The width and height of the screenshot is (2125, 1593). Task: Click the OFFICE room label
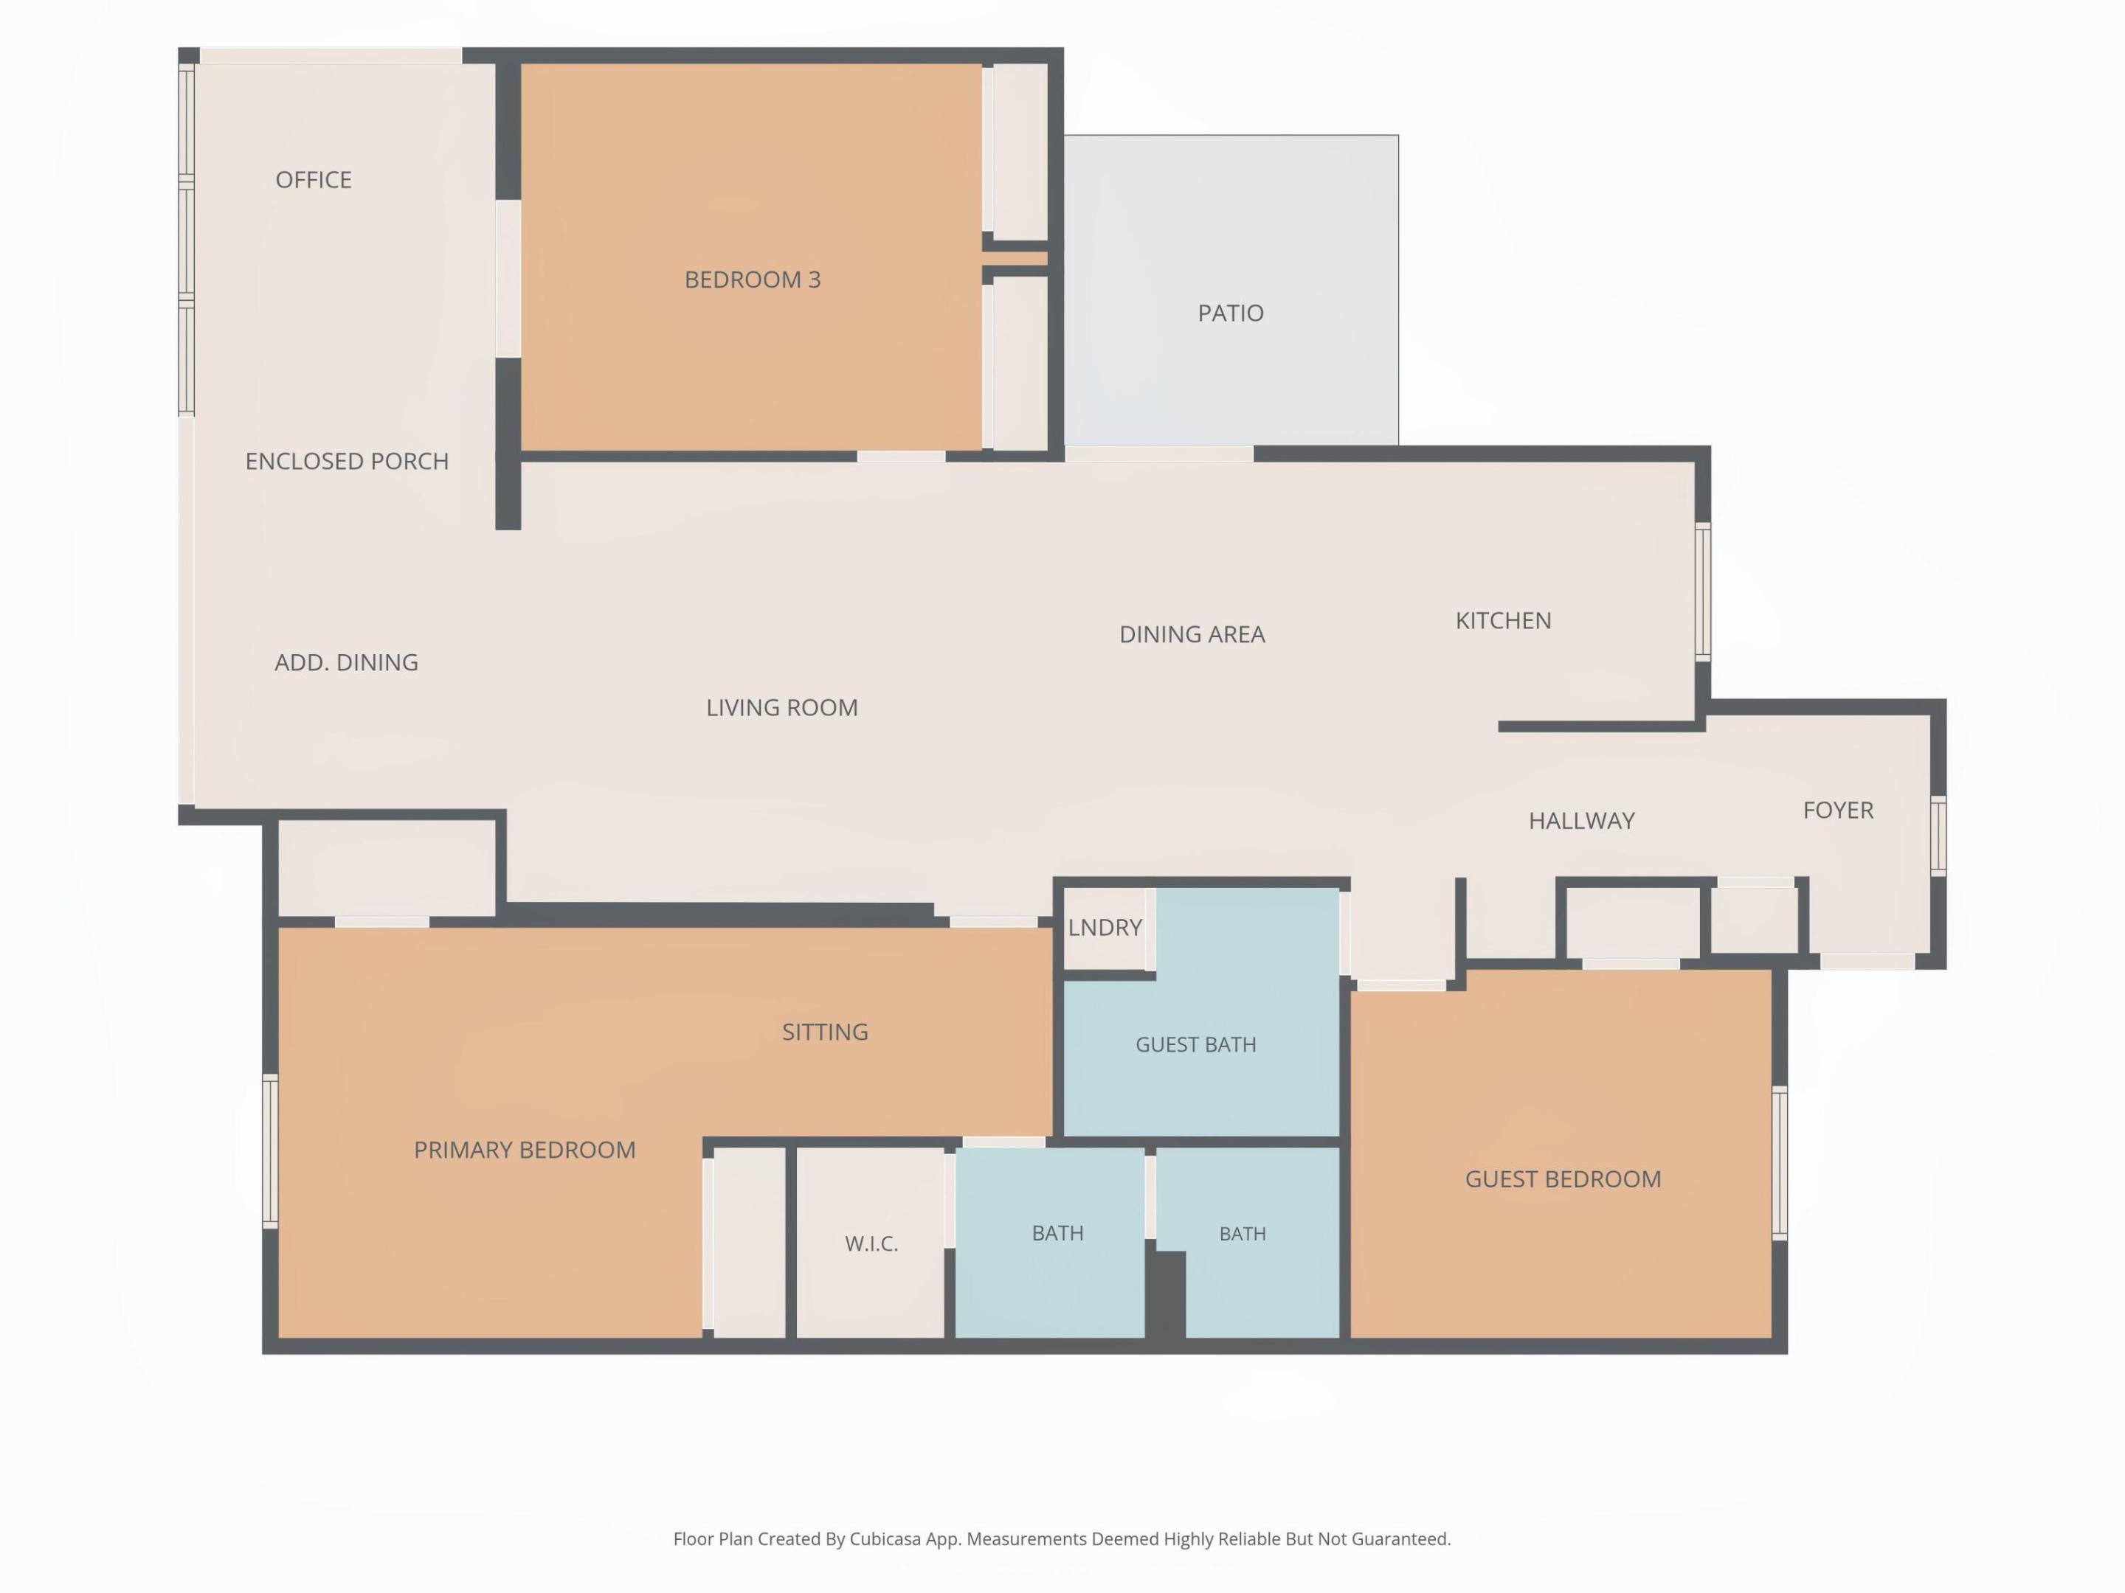(x=313, y=179)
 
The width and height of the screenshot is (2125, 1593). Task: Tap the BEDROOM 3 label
(x=752, y=280)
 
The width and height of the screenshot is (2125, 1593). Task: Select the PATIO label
(x=1231, y=313)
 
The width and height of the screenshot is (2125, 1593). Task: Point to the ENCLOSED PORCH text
(x=347, y=461)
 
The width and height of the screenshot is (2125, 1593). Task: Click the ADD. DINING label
(x=346, y=662)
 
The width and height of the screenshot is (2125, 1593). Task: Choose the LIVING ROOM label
(x=782, y=708)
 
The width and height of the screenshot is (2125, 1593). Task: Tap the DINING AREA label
(x=1192, y=634)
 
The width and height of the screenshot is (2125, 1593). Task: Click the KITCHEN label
(x=1504, y=620)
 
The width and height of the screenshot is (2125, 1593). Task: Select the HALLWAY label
(x=1581, y=821)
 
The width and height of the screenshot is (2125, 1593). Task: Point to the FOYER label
(x=1838, y=811)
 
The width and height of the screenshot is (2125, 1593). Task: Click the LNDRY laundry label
(x=1105, y=928)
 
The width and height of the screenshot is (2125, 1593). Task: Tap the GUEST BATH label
(x=1196, y=1045)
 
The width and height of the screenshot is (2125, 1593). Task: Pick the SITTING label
(x=825, y=1032)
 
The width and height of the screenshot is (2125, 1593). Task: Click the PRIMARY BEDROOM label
(x=525, y=1150)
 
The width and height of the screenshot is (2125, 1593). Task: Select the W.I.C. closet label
(x=871, y=1244)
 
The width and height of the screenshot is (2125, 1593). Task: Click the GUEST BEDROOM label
(x=1563, y=1179)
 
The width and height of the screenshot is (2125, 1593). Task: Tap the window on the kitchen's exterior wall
(x=1702, y=592)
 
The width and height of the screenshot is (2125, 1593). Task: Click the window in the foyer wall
(x=1938, y=836)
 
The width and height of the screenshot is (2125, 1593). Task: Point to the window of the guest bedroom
(x=1779, y=1163)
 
